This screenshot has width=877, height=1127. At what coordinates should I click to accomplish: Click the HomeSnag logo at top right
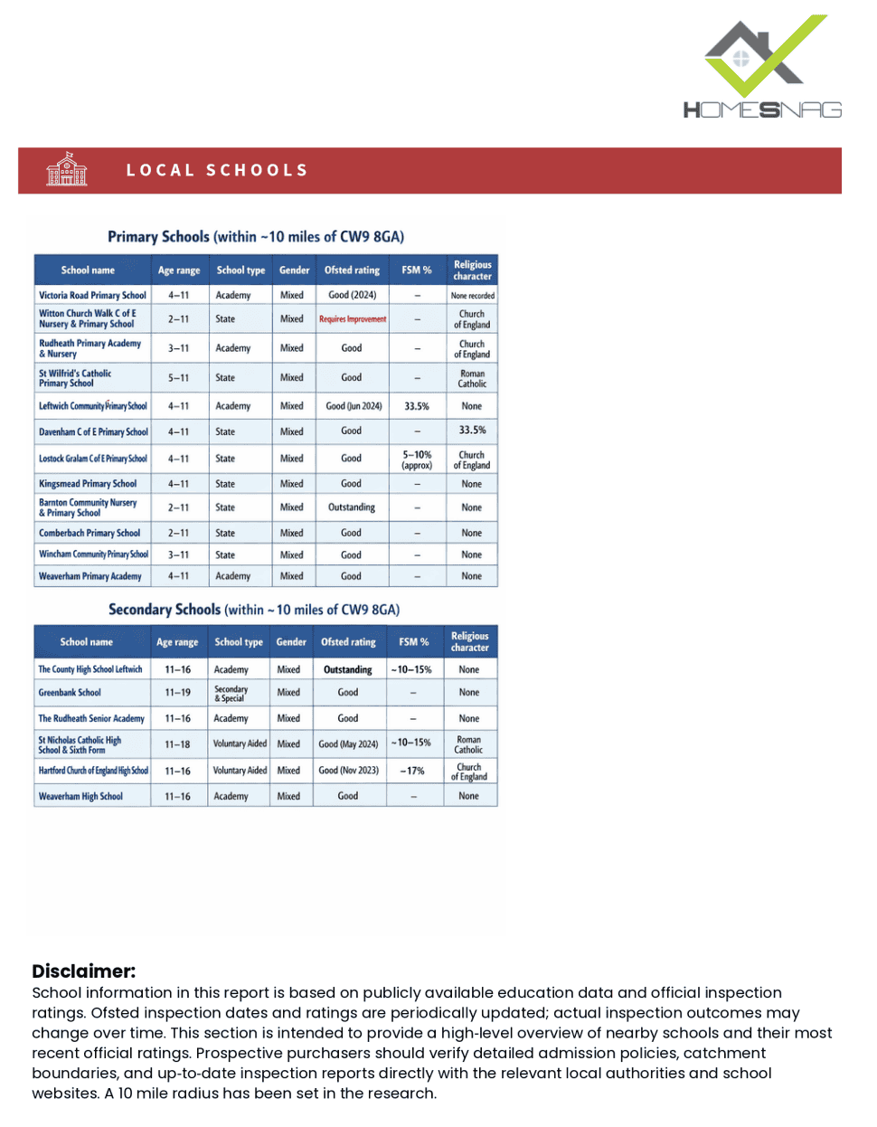point(762,69)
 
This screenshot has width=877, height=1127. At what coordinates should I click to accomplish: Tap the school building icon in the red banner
point(67,170)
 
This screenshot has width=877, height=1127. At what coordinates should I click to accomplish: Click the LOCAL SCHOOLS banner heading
point(217,170)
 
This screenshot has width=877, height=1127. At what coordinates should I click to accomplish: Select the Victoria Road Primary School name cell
point(92,296)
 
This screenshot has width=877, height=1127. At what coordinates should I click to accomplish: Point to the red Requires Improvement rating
point(353,319)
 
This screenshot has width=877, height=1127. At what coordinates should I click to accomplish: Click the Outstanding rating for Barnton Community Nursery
point(352,507)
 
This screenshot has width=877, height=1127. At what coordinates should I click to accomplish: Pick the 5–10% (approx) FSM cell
point(417,459)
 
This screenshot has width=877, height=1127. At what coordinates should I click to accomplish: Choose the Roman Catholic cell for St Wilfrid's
point(472,378)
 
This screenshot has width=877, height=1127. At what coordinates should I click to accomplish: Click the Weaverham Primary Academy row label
point(90,576)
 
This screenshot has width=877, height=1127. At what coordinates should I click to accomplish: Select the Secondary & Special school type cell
point(231,693)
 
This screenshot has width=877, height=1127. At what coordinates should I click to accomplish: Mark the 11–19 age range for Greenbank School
point(177,693)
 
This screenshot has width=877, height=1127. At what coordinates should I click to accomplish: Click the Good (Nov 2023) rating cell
point(348,771)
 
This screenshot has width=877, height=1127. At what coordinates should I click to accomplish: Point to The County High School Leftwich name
point(90,669)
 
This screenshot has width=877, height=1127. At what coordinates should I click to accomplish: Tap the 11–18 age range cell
point(177,744)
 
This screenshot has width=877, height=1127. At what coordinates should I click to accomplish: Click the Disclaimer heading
point(83,971)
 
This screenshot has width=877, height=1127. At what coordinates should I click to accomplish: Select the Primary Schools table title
point(256,237)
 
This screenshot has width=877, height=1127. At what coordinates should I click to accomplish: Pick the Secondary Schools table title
point(254,610)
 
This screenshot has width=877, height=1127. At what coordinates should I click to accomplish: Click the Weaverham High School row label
point(80,797)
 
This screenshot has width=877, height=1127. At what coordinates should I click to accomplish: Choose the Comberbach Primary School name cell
point(90,534)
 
